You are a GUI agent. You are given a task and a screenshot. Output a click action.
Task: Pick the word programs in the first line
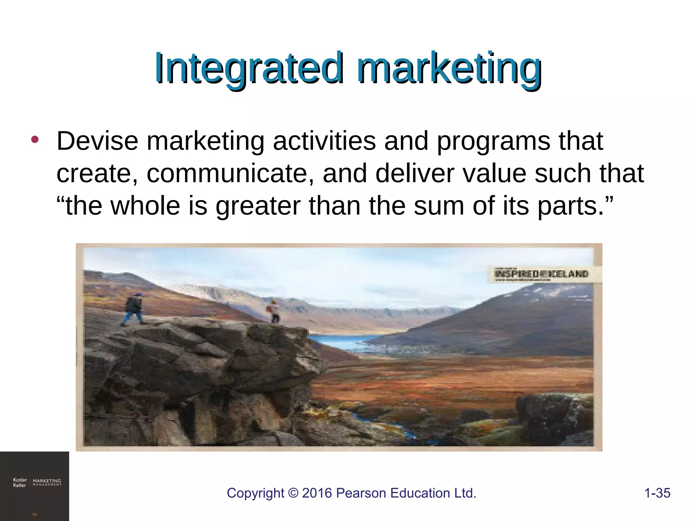493,141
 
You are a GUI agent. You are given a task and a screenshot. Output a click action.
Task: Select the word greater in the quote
258,206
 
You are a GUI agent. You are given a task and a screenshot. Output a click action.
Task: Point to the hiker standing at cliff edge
274,311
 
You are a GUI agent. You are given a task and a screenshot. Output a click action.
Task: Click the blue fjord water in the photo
343,341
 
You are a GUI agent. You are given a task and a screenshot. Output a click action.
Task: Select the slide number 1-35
657,493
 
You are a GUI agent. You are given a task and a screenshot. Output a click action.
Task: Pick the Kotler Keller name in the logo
19,482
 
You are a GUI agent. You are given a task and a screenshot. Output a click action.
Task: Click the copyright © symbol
293,493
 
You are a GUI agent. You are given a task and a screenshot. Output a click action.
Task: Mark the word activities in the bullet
324,141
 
